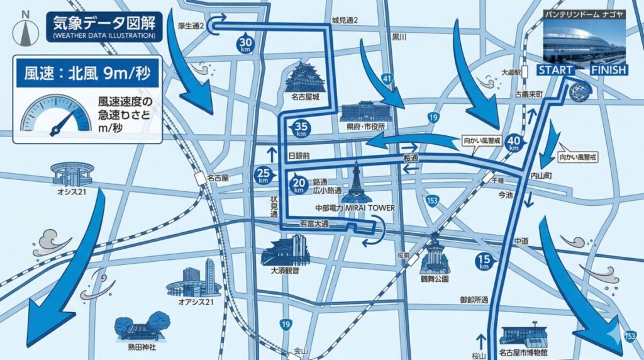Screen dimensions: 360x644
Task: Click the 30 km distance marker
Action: pyautogui.click(x=245, y=43)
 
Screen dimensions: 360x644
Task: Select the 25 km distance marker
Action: pyautogui.click(x=263, y=175)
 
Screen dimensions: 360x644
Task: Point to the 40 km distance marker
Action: pyautogui.click(x=514, y=143)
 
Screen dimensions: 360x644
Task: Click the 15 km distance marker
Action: pyautogui.click(x=484, y=262)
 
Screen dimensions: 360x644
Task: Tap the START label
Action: pyautogui.click(x=555, y=70)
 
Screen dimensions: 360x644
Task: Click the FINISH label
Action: pyautogui.click(x=608, y=70)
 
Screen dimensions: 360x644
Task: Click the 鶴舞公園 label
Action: pyautogui.click(x=434, y=278)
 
